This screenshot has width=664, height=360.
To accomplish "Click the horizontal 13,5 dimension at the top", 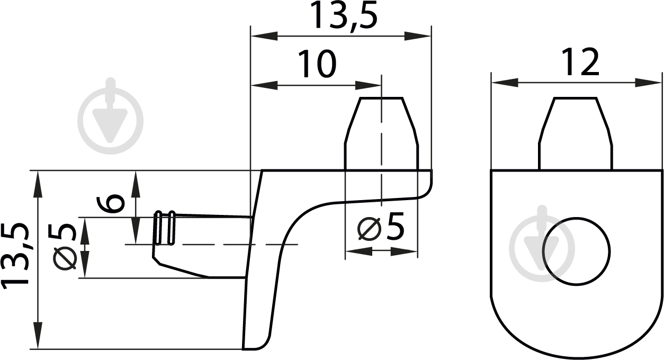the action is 345,16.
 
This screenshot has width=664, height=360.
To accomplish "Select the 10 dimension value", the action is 317,64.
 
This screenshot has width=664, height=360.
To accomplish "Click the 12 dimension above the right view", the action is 580,62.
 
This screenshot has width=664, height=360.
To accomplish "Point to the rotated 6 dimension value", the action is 111,203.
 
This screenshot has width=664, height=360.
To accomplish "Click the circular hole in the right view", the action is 576,251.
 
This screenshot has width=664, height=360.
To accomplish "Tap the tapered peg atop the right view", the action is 576,133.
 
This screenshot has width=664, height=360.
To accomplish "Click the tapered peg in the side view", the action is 381,133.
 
